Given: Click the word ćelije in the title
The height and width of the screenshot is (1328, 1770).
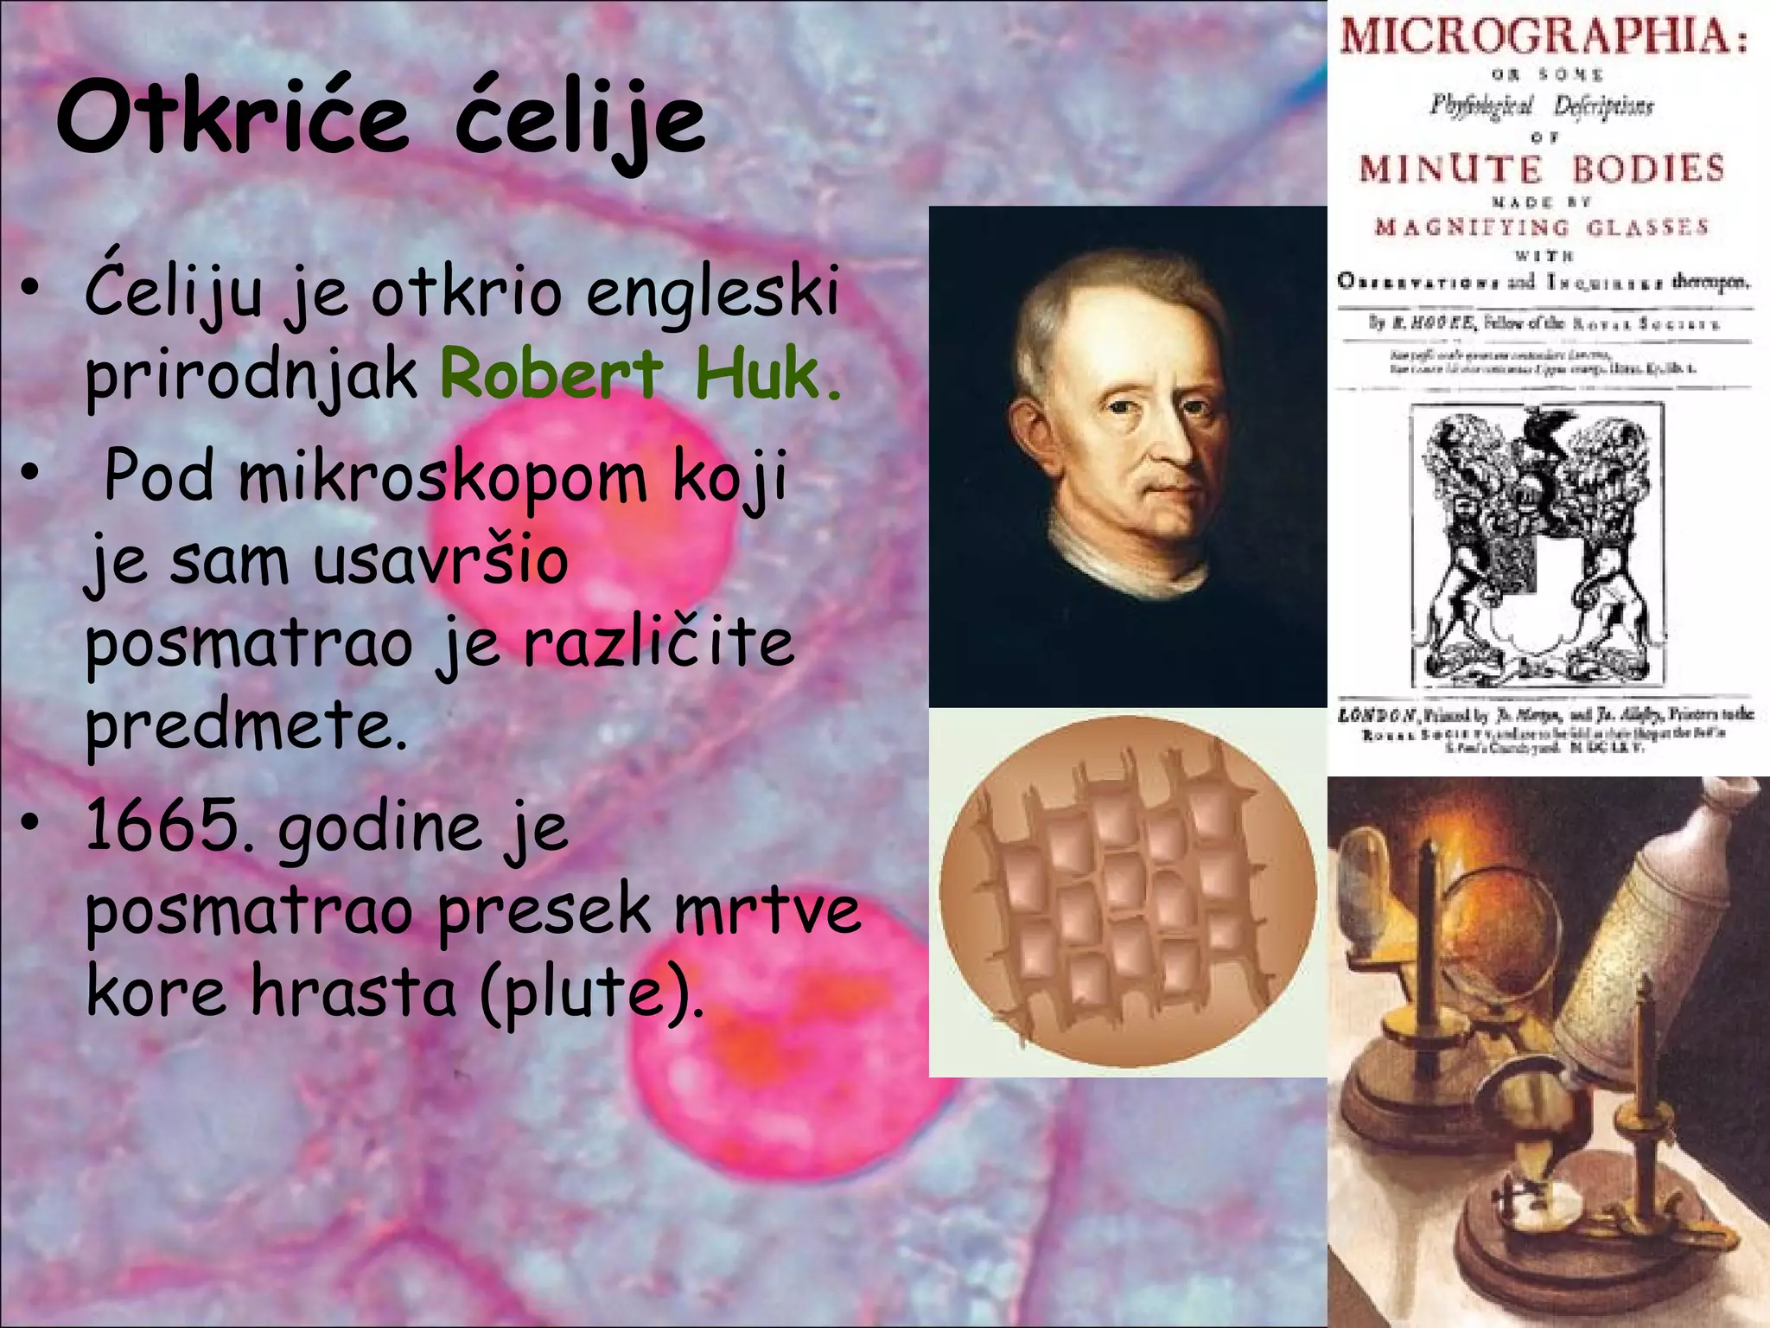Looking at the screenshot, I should (579, 121).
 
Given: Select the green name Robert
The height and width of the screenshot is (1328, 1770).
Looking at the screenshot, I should (551, 374).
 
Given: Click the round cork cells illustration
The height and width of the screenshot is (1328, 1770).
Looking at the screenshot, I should (1127, 891).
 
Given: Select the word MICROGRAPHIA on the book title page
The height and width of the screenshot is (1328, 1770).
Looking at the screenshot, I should (1543, 36).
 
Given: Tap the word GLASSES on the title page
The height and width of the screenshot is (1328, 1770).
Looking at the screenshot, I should (1647, 227).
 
